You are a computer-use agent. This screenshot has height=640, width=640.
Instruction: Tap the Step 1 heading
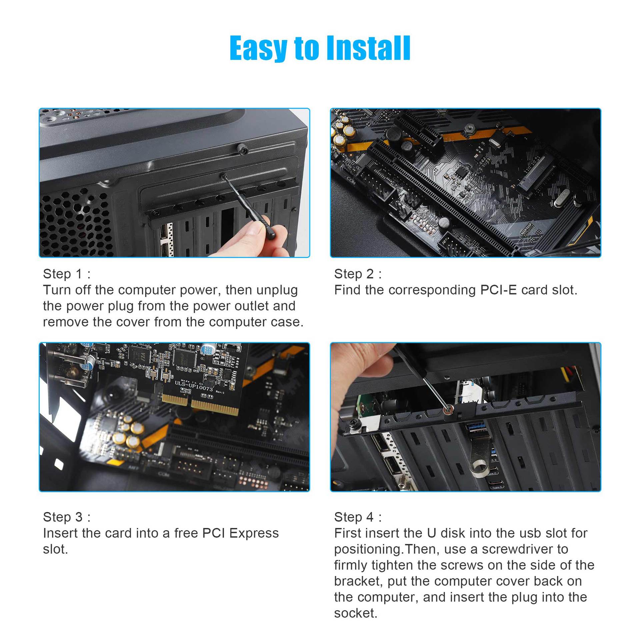(x=66, y=274)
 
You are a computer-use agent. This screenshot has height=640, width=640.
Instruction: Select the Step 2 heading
(x=358, y=274)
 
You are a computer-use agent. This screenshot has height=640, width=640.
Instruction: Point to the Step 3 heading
(x=66, y=517)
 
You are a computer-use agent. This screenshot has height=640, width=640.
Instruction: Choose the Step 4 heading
(x=358, y=517)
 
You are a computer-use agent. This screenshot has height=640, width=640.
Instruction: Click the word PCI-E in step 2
(x=498, y=290)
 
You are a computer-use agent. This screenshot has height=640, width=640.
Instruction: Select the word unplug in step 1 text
(x=277, y=290)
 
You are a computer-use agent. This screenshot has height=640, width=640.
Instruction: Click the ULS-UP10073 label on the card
(x=194, y=386)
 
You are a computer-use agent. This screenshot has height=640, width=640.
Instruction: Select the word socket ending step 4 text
(x=355, y=613)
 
